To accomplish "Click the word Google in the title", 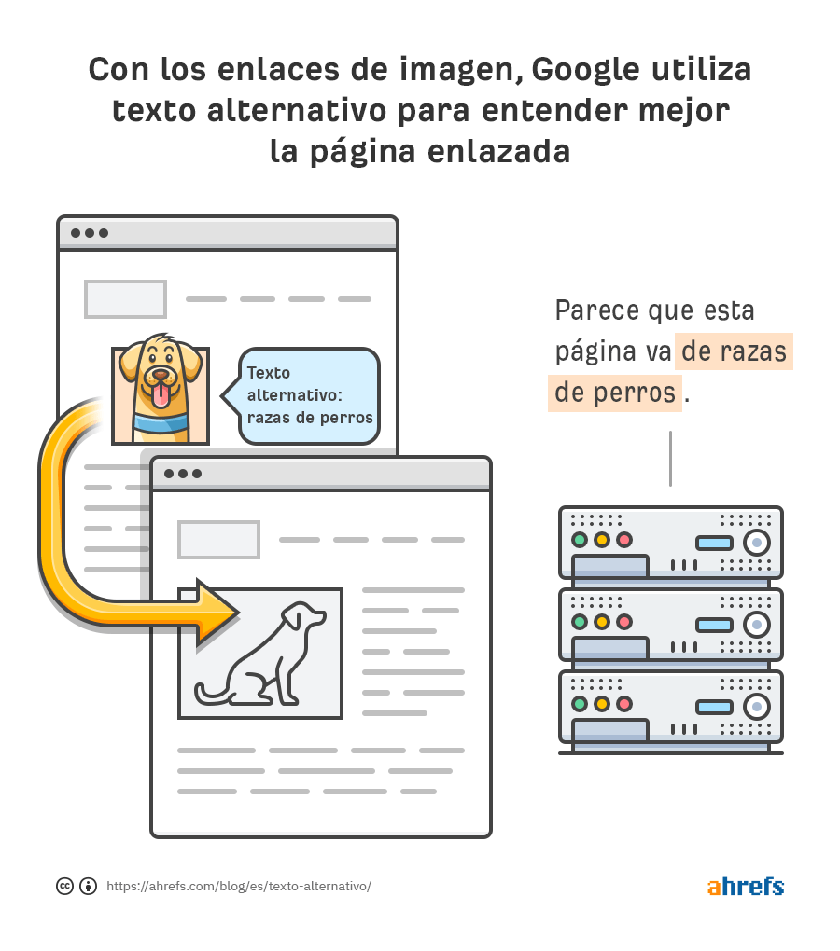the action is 586,71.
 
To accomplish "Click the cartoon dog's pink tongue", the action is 161,394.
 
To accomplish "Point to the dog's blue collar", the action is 161,422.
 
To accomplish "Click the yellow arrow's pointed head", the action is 218,613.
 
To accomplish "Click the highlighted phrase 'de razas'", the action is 734,351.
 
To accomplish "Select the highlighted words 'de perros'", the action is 615,393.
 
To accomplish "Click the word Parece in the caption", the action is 597,310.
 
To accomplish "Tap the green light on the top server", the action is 580,540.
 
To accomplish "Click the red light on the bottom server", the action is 623,704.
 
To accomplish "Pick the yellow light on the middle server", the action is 601,622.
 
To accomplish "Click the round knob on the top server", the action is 757,543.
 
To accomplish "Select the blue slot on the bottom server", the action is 714,707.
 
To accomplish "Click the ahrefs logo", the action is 746,886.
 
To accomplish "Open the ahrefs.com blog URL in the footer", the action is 239,886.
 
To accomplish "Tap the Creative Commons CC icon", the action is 65,886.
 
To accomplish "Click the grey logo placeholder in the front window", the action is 218,540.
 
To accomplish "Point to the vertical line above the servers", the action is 670,459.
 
